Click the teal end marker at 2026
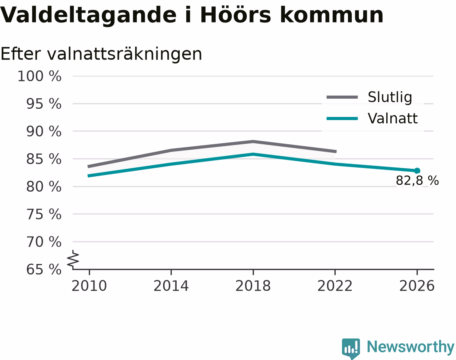click(x=417, y=171)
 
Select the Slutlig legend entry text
click(x=390, y=97)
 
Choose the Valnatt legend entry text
click(x=393, y=118)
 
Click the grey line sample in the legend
click(x=342, y=97)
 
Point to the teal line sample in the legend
click(x=342, y=118)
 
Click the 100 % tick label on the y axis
click(x=39, y=76)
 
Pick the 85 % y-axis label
click(x=44, y=159)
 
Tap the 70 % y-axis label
click(x=44, y=242)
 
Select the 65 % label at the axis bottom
click(x=44, y=269)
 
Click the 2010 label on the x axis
click(x=89, y=286)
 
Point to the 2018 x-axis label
click(x=253, y=286)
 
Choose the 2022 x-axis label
click(x=335, y=286)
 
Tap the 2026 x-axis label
click(x=417, y=286)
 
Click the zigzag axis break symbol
click(x=73, y=258)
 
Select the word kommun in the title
click(x=331, y=15)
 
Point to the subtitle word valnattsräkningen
click(x=124, y=54)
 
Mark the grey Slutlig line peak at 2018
click(x=253, y=141)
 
